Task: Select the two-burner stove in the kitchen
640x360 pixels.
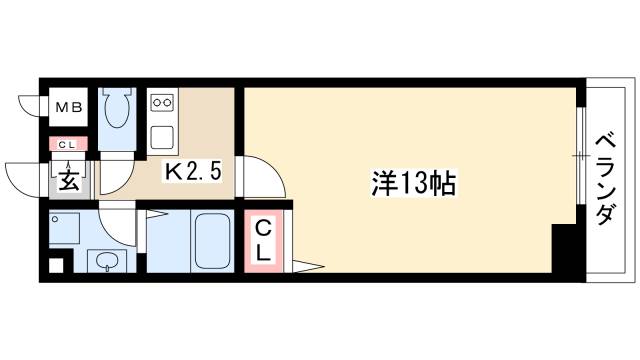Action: [161, 103]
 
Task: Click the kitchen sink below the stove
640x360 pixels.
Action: [161, 134]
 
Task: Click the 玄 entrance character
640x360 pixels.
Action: [68, 180]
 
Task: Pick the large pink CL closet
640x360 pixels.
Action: [263, 240]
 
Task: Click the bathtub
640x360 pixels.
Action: [212, 241]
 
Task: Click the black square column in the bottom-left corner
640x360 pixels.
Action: [55, 267]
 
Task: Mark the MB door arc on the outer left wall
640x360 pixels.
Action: [30, 103]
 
